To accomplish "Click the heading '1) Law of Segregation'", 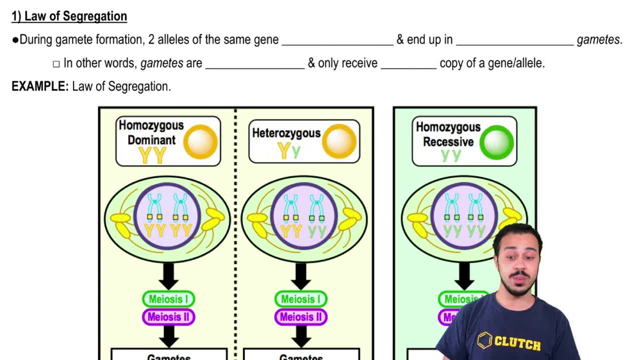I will coord(69,17).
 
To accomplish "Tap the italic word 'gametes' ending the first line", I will coord(598,40).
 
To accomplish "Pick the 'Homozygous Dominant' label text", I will coord(151,133).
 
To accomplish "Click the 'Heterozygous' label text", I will coord(286,133).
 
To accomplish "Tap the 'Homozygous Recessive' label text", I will coord(448,134).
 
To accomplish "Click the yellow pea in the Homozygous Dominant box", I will coord(201,142).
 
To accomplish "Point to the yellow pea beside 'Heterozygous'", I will coord(339,142).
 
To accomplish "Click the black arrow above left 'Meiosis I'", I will coord(169,275).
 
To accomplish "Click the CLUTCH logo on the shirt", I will coord(509,342).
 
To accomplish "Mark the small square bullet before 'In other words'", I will coord(56,64).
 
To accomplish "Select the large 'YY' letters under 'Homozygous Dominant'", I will coord(153,154).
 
